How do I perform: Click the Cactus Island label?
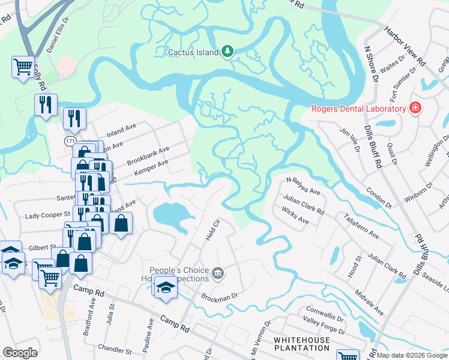(192, 52)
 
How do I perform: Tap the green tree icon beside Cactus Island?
(227, 52)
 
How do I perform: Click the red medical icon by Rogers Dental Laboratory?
(414, 108)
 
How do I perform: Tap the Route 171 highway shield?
(70, 140)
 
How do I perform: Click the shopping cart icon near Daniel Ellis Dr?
(23, 66)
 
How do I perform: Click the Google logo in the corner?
(20, 353)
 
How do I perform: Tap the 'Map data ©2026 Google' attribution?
(412, 355)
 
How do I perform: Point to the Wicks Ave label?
(295, 221)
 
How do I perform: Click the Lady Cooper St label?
(47, 215)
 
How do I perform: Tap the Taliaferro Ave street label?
(361, 225)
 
